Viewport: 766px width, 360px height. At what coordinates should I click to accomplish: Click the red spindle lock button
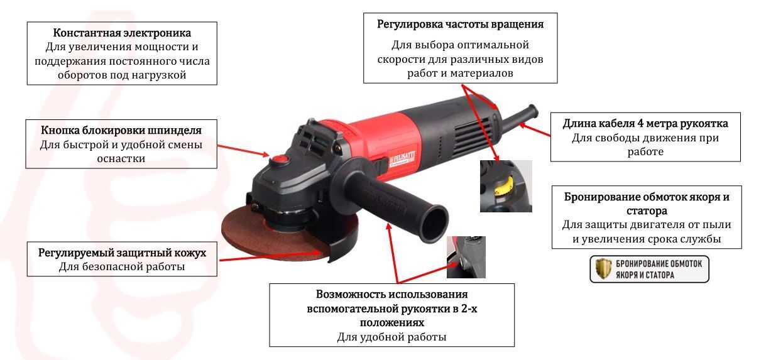tap(280, 160)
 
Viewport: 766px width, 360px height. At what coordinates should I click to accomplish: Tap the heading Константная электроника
tap(122, 33)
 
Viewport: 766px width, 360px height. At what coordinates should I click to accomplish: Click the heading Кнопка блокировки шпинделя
tap(121, 130)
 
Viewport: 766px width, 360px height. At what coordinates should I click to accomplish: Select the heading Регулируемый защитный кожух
tap(122, 253)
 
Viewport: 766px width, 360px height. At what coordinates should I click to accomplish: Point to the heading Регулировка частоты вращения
tap(460, 25)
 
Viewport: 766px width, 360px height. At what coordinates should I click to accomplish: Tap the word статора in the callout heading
tap(647, 211)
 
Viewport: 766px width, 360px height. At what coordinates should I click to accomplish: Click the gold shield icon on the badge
tap(603, 269)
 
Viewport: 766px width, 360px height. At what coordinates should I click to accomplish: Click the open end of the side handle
tap(435, 223)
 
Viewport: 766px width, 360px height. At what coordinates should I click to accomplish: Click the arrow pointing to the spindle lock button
tap(243, 151)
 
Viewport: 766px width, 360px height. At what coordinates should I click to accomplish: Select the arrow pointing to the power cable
tap(535, 129)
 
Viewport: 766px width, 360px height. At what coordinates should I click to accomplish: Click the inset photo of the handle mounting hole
tap(466, 257)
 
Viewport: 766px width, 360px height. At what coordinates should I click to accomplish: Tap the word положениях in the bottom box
tap(392, 323)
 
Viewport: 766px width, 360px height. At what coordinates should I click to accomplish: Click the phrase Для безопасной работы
tap(122, 266)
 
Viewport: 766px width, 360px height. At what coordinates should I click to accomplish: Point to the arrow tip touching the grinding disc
tap(320, 253)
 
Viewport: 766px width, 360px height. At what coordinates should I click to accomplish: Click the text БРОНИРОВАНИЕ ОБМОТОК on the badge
tap(659, 264)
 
